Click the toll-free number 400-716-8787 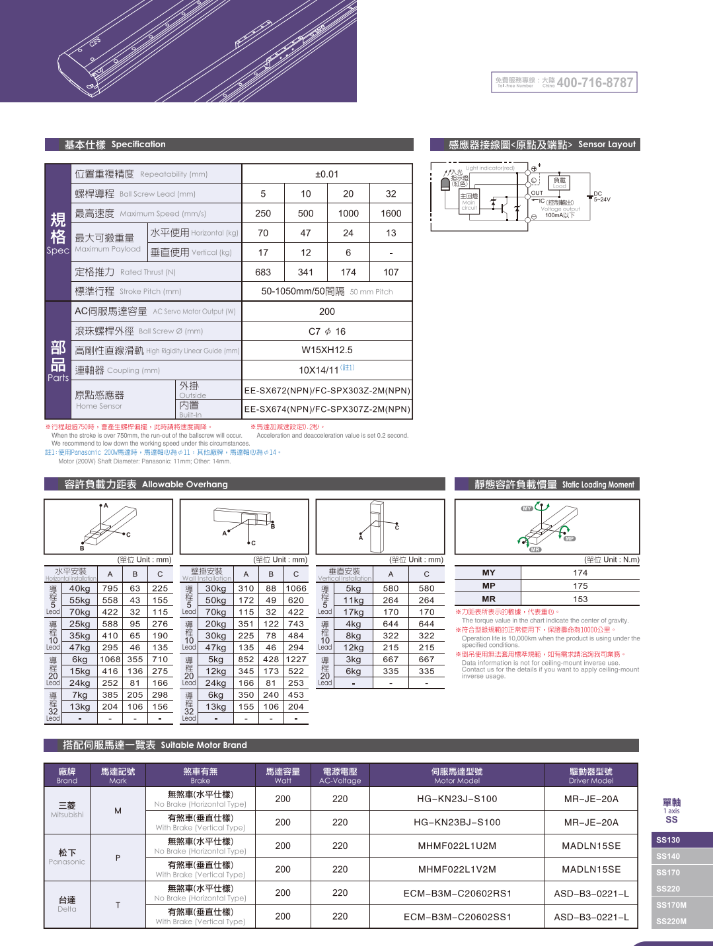[x=595, y=83]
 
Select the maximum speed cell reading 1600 [x=391, y=213]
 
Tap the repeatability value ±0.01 [x=327, y=174]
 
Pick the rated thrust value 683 [x=263, y=272]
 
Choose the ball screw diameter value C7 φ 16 [x=327, y=331]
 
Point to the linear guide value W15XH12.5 [x=327, y=351]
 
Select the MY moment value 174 [x=580, y=573]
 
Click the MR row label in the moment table [x=488, y=599]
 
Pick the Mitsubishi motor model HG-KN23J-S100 [x=457, y=799]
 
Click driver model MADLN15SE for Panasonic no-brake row [x=591, y=846]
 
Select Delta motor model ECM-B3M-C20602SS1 [x=457, y=917]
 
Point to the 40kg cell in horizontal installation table [x=79, y=589]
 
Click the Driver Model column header [x=591, y=776]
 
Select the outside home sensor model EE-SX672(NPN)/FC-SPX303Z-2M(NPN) [x=327, y=391]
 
